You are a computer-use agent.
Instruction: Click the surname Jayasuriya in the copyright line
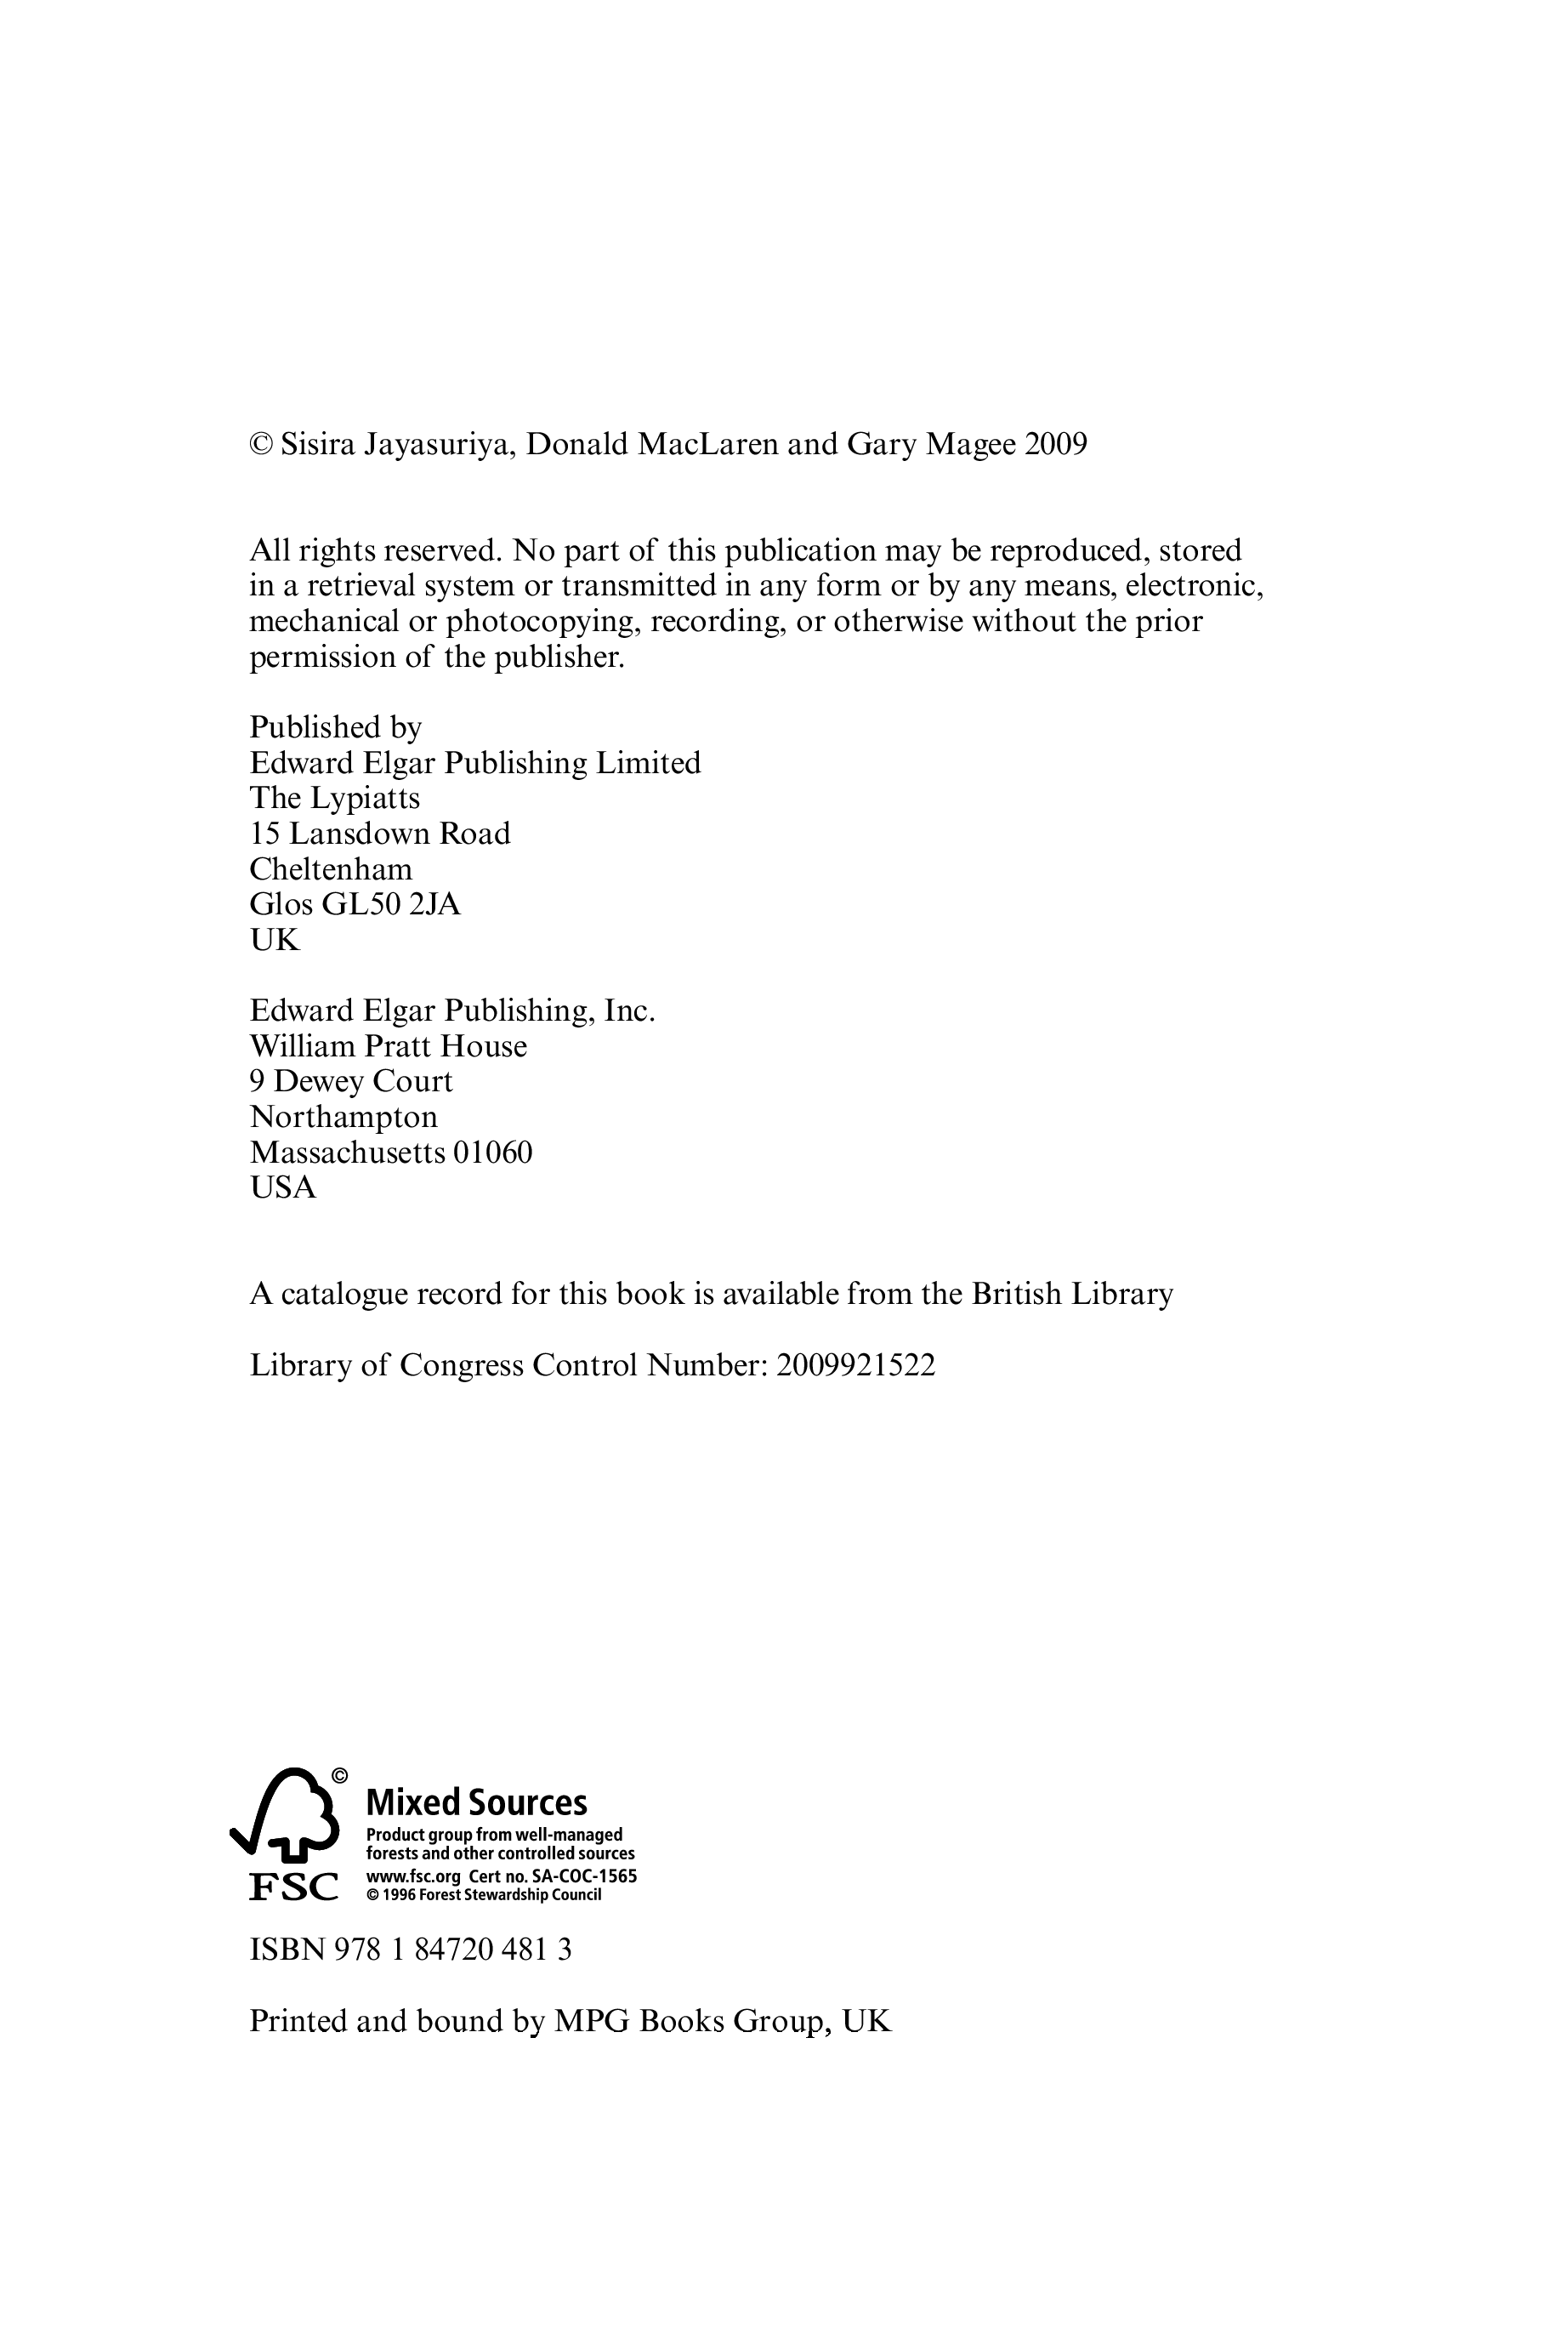click(x=439, y=445)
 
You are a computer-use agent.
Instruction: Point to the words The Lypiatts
click(x=335, y=799)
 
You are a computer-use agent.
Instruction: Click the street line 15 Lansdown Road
click(x=380, y=834)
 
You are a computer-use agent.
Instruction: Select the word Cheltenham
click(x=331, y=868)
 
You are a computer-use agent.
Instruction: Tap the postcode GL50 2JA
click(x=391, y=905)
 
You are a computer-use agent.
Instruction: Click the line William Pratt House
click(x=389, y=1046)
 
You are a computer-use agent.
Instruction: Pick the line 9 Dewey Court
click(x=351, y=1082)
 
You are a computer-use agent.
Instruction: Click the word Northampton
click(x=343, y=1117)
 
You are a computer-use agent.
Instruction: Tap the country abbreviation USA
click(x=283, y=1187)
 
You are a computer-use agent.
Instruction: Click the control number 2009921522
click(x=855, y=1365)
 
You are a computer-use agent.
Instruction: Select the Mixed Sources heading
click(x=477, y=1802)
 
